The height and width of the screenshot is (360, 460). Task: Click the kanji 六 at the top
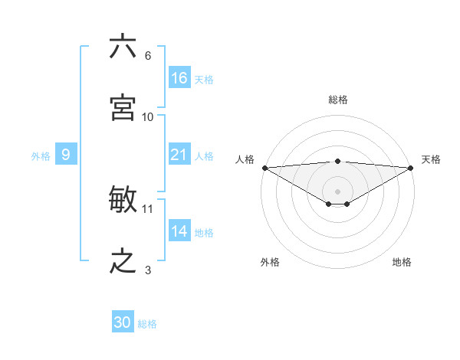click(123, 47)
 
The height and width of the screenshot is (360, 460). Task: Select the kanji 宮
click(123, 108)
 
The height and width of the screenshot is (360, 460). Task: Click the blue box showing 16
click(179, 78)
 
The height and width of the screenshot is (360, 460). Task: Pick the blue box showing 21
click(179, 155)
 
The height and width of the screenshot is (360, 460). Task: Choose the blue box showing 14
click(179, 231)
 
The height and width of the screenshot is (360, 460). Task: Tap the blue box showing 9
click(66, 155)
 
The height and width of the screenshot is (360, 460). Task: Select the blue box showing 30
click(123, 322)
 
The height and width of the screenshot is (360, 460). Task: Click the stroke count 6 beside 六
click(148, 56)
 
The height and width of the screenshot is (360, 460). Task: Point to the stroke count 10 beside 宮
click(148, 117)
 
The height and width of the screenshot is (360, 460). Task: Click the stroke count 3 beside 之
click(148, 270)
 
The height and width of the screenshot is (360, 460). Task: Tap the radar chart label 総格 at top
click(338, 100)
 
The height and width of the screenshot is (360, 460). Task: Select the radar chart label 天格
click(431, 159)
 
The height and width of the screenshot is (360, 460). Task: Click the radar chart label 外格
click(270, 262)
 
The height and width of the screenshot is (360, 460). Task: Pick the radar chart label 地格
click(402, 262)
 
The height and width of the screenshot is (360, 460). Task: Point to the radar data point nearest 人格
click(264, 167)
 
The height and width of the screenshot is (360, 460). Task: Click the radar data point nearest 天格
click(411, 167)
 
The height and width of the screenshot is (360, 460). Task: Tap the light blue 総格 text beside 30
click(148, 324)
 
